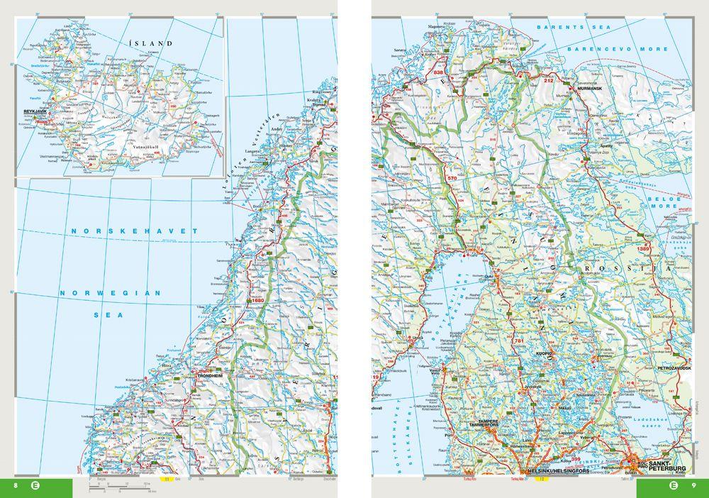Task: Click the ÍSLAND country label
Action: pyautogui.click(x=150, y=43)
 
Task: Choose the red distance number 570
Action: pyautogui.click(x=453, y=177)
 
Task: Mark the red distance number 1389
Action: pyautogui.click(x=643, y=248)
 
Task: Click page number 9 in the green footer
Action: pyautogui.click(x=694, y=485)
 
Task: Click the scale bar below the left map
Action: pyautogui.click(x=121, y=489)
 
